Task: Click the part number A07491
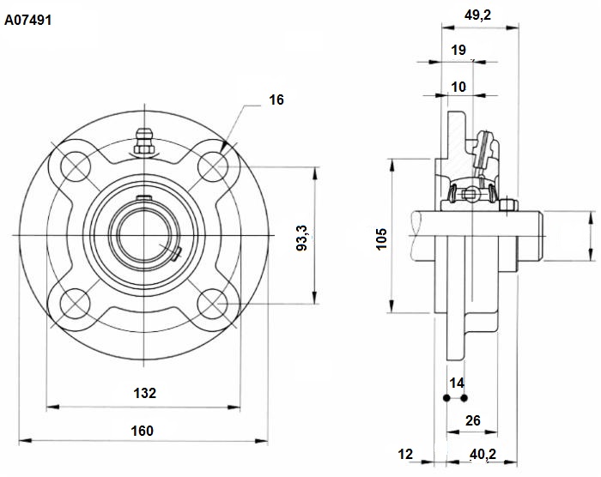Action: point(27,20)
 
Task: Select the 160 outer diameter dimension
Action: point(143,431)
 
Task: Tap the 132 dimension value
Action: point(144,393)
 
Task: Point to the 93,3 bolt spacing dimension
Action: point(302,238)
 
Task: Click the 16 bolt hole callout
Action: point(276,100)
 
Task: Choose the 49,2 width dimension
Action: point(477,15)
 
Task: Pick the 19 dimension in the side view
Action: point(458,50)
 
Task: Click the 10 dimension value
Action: point(458,87)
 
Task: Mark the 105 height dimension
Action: point(382,239)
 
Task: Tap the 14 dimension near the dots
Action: point(457,383)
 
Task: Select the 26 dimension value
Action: point(472,420)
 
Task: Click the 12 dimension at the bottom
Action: point(405,455)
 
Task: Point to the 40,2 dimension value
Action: point(483,455)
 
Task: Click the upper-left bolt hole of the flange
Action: point(76,166)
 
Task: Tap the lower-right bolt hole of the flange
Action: point(213,304)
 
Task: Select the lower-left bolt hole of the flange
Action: point(76,304)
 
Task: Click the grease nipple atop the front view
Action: point(144,141)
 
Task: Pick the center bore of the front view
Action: point(144,235)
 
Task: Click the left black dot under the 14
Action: point(446,398)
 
